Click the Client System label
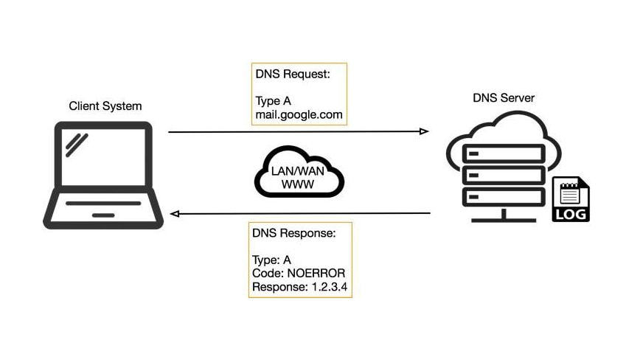pos(105,105)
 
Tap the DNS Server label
pos(504,97)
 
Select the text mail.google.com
pos(299,115)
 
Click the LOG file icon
pos(571,199)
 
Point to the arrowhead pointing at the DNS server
pos(424,131)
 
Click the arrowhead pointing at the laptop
pos(175,214)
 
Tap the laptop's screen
pos(103,158)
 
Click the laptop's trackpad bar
pos(103,215)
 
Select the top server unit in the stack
pos(504,154)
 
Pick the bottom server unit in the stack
pos(504,197)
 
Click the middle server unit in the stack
pos(504,176)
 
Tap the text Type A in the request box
pos(273,102)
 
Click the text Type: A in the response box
pos(272,259)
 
